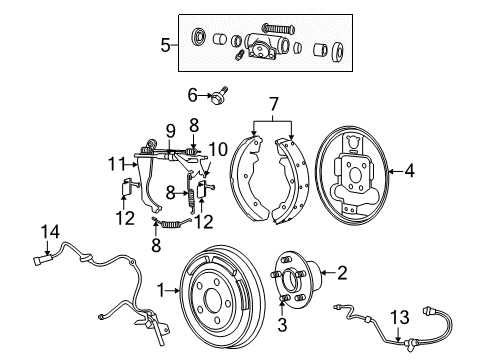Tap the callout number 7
[x=273, y=103]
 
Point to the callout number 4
[x=409, y=171]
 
